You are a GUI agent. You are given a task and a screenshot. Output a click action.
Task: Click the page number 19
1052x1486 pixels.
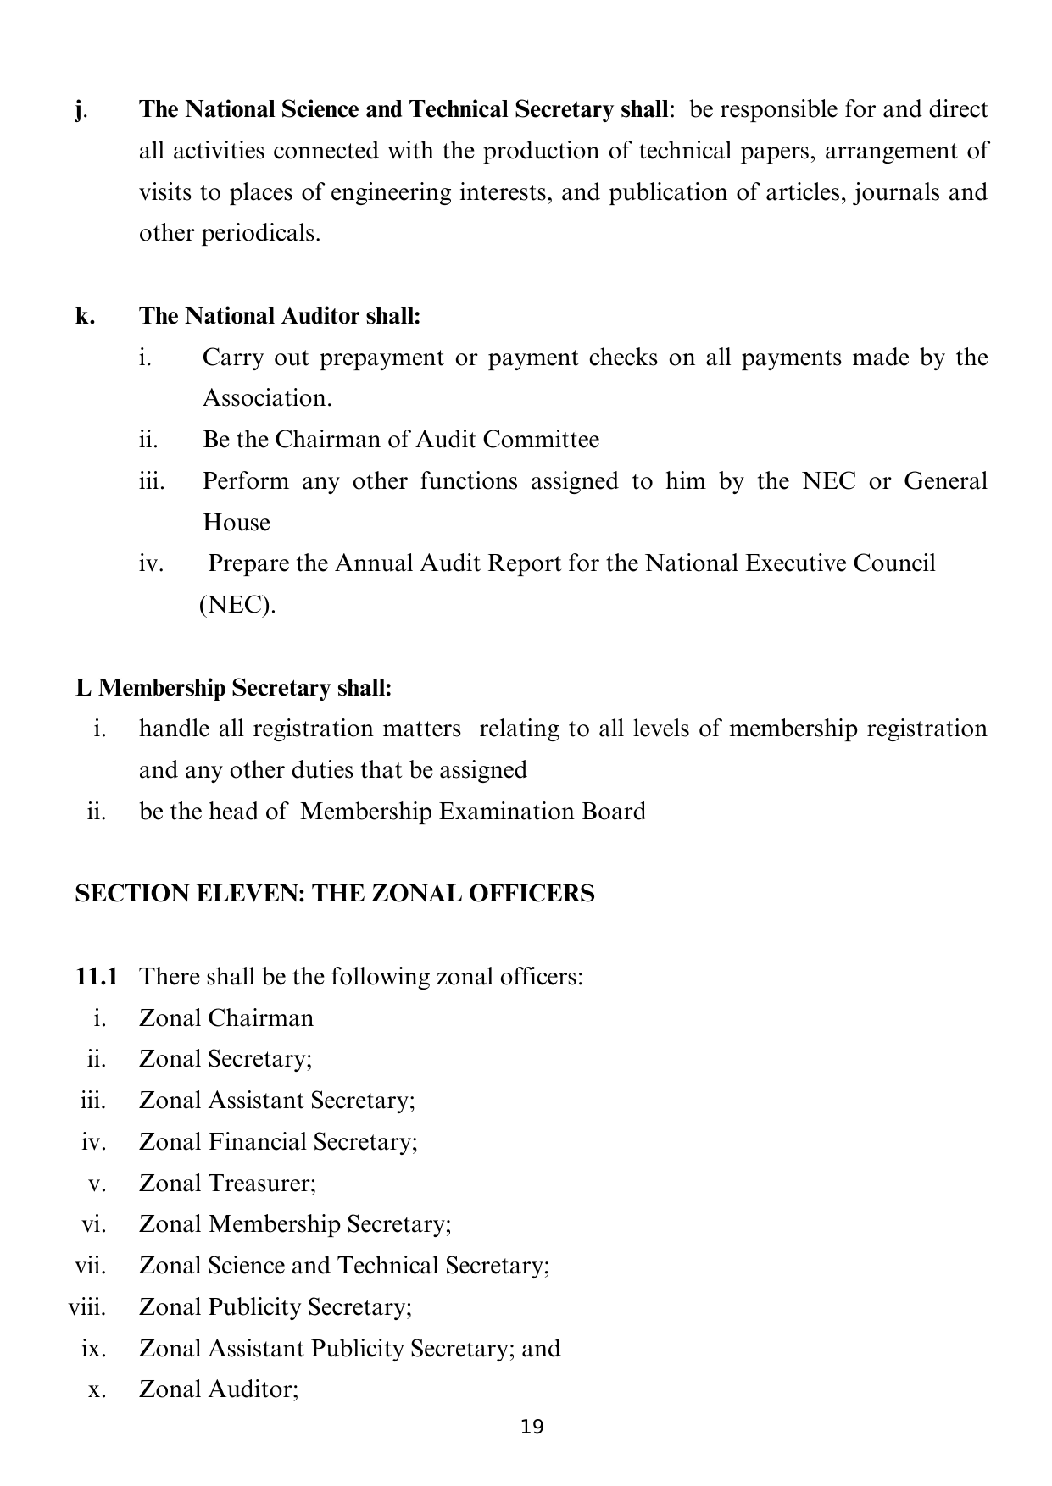(x=532, y=1428)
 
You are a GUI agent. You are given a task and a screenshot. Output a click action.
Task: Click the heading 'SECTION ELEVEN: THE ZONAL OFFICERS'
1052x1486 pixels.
(x=335, y=894)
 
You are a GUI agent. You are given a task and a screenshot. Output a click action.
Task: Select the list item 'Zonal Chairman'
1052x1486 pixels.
(x=226, y=1017)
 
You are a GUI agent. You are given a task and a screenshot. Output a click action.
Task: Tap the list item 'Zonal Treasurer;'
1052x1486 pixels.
(x=227, y=1183)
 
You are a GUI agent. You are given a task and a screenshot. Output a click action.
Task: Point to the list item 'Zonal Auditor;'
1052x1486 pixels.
(x=219, y=1389)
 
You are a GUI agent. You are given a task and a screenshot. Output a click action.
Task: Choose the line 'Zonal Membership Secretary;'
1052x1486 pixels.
(x=295, y=1224)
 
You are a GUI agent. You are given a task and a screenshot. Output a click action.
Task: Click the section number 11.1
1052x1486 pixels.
(x=96, y=977)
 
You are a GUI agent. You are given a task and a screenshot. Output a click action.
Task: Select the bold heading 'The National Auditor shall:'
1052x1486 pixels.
(x=280, y=316)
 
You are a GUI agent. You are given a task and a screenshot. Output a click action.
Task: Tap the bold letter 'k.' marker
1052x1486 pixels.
(x=85, y=316)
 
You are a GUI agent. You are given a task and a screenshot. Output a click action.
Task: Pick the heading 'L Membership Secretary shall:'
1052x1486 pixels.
(x=234, y=687)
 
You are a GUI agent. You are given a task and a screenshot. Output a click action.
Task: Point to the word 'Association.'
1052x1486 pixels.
(x=267, y=398)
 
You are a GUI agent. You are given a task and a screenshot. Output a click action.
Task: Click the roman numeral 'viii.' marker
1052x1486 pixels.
(x=87, y=1306)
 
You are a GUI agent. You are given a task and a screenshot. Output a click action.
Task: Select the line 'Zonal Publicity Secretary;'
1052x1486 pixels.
(x=276, y=1306)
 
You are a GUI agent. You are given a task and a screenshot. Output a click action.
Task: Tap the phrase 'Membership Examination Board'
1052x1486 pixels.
(x=473, y=812)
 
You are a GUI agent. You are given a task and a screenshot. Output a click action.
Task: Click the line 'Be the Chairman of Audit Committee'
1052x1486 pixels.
(x=401, y=440)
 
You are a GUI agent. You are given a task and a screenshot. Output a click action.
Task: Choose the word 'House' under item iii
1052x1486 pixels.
(x=237, y=522)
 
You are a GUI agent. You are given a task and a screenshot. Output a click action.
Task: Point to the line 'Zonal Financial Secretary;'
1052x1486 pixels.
(x=278, y=1142)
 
